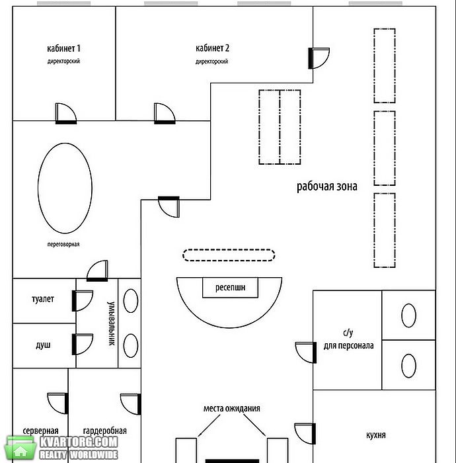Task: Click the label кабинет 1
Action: (x=63, y=48)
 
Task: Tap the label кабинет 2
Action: (x=212, y=48)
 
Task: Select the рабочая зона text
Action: (x=327, y=187)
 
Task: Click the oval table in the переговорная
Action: (x=38, y=188)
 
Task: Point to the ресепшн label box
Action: (x=230, y=287)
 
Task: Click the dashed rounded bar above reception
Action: (x=229, y=249)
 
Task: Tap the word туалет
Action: (x=43, y=299)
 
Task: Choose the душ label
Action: (x=43, y=345)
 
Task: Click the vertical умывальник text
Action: (x=111, y=323)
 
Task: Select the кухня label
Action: (x=376, y=435)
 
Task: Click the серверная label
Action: (x=41, y=431)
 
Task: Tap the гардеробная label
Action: (x=104, y=431)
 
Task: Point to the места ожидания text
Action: (x=232, y=408)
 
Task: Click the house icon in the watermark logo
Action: (x=20, y=448)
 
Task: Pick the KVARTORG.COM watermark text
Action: (x=79, y=442)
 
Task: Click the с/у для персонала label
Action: (x=348, y=339)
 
